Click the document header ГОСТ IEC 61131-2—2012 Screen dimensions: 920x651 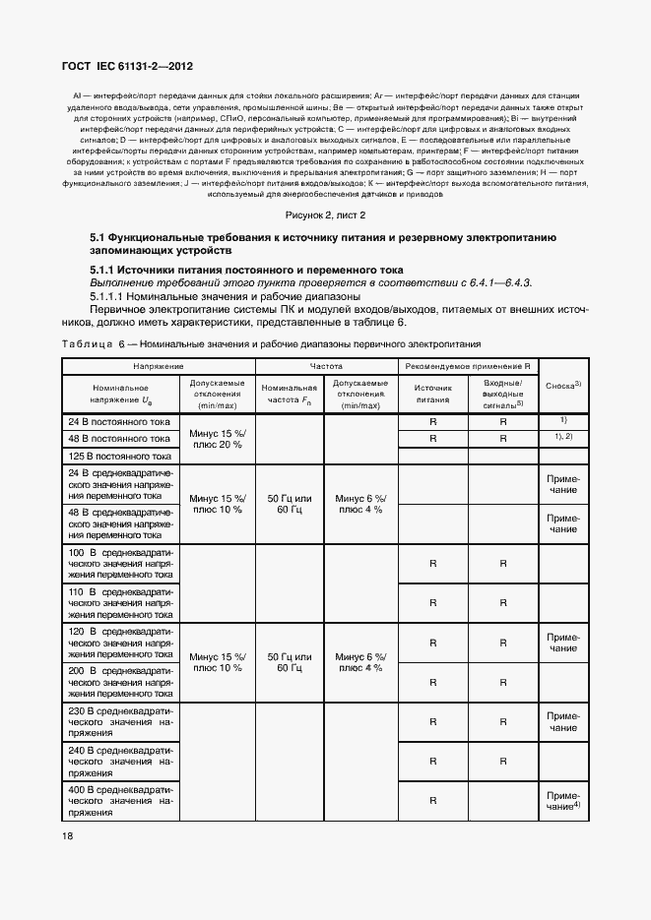pyautogui.click(x=128, y=67)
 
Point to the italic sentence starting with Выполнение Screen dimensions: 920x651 pyautogui.click(x=310, y=282)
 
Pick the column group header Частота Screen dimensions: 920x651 pyautogui.click(x=325, y=365)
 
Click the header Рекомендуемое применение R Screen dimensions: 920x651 pyautogui.click(x=466, y=365)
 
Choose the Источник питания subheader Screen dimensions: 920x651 pyautogui.click(x=432, y=394)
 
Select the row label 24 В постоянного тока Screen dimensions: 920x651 pyautogui.click(x=119, y=421)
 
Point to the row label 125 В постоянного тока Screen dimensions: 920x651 pyautogui.click(x=119, y=457)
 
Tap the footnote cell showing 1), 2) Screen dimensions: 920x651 pyautogui.click(x=563, y=436)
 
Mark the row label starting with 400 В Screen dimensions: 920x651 pyautogui.click(x=119, y=802)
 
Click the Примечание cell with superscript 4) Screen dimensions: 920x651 pyautogui.click(x=563, y=801)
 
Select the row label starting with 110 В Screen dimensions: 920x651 pyautogui.click(x=119, y=603)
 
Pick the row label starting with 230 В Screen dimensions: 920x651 pyautogui.click(x=119, y=721)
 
